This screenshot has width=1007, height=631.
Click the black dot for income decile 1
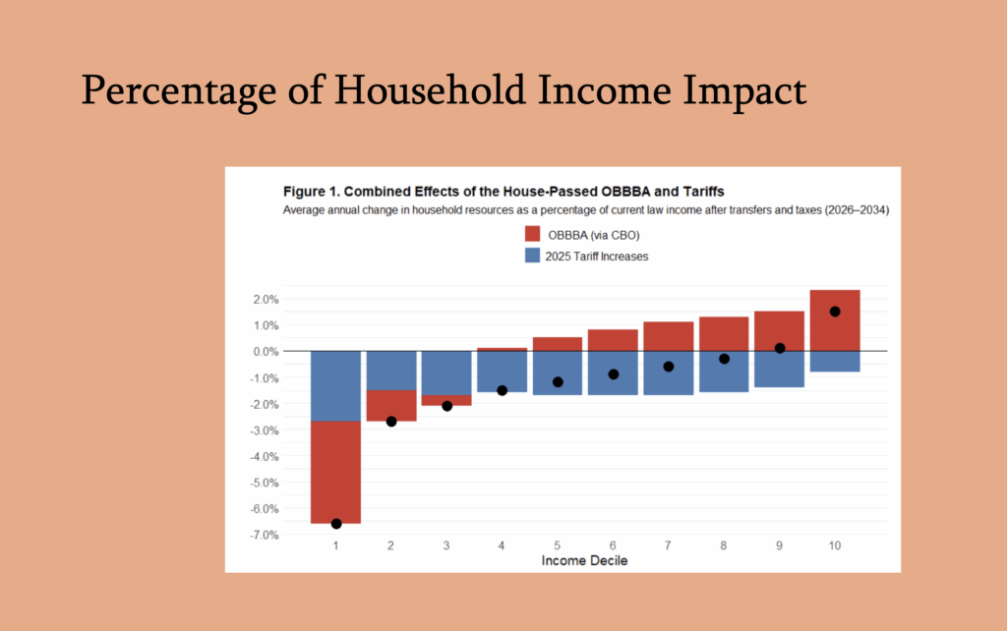coord(336,524)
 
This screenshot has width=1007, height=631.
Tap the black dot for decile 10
coord(835,312)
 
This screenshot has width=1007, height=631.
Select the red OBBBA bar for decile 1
coord(336,472)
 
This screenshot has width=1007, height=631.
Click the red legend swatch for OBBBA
coord(533,235)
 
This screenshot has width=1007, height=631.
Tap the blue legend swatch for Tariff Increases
coord(533,256)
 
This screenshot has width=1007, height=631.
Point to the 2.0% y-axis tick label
coord(266,299)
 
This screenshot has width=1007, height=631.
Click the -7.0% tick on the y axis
coord(264,535)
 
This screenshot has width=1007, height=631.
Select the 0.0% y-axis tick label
coord(266,351)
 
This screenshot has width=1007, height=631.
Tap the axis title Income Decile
coord(585,560)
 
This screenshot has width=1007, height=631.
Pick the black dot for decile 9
coord(780,348)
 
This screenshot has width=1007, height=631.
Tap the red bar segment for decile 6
coord(613,340)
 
